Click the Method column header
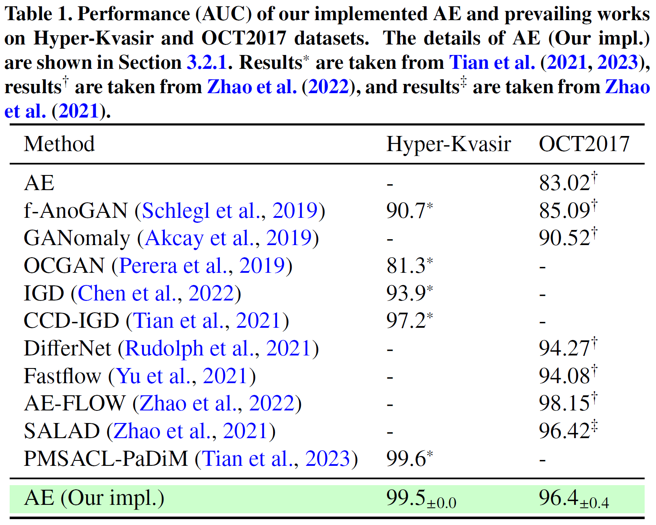tap(59, 144)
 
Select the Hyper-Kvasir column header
tap(448, 144)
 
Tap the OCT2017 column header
tap(584, 144)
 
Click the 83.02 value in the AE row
tap(565, 183)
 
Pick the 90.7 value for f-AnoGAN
tap(406, 211)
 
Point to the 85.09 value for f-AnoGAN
tap(565, 211)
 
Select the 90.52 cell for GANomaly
tap(565, 238)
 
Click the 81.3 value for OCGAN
tap(406, 266)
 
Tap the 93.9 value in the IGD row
tap(406, 293)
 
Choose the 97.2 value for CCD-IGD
tap(406, 321)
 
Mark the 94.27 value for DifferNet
tap(565, 349)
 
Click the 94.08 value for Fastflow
tap(565, 376)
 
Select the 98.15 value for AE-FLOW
tap(565, 404)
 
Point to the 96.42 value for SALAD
tap(565, 431)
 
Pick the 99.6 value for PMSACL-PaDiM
tap(406, 459)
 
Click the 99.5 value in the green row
tap(406, 498)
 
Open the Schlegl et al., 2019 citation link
tap(230, 211)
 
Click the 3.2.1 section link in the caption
tap(207, 63)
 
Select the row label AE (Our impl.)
tap(94, 498)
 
